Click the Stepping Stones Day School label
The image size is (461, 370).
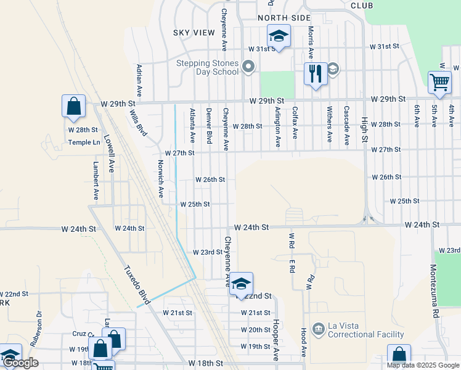point(207,67)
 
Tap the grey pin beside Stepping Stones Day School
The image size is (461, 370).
point(248,67)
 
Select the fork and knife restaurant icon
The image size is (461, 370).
point(316,75)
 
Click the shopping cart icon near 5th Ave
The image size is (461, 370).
point(439,82)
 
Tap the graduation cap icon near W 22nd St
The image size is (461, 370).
point(241,283)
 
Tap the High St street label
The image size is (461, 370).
point(364,131)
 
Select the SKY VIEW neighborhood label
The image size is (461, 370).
point(190,32)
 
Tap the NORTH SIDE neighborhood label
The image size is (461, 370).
point(284,18)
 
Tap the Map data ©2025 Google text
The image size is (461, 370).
point(422,365)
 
